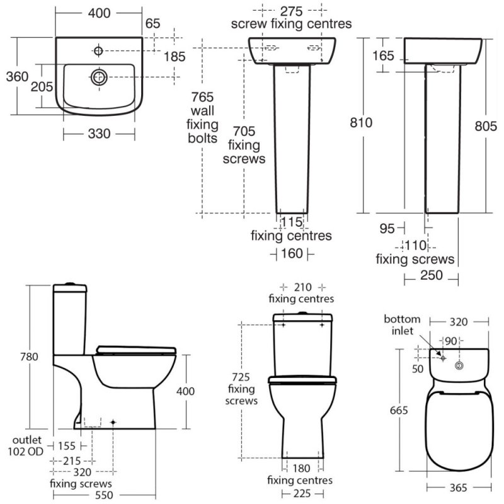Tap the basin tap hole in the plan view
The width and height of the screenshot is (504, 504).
tap(100, 48)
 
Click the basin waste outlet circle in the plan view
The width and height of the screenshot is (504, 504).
tap(99, 77)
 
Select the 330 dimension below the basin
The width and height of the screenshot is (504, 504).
tap(99, 134)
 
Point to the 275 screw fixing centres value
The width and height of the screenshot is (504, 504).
tap(291, 11)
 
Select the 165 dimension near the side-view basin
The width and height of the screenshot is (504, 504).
tap(382, 56)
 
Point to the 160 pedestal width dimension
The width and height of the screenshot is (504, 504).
tap(292, 253)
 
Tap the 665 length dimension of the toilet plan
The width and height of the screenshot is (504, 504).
tap(399, 411)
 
